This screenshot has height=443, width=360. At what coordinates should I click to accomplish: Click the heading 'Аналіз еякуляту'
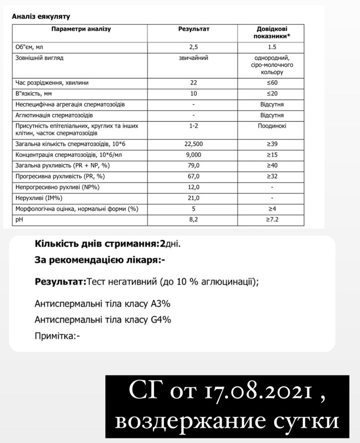pyautogui.click(x=40, y=16)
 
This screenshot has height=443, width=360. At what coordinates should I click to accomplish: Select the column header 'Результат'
pyautogui.click(x=193, y=29)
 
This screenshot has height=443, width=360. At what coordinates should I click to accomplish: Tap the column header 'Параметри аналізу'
pyautogui.click(x=81, y=29)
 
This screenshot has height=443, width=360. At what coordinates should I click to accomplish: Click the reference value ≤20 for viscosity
pyautogui.click(x=271, y=93)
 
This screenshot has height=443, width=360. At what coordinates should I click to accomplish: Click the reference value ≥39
pyautogui.click(x=271, y=144)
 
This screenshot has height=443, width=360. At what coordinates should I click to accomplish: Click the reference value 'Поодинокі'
pyautogui.click(x=271, y=126)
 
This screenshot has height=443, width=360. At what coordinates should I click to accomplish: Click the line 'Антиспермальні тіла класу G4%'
pyautogui.click(x=102, y=319)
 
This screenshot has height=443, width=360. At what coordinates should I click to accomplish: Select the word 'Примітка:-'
pyautogui.click(x=57, y=336)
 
